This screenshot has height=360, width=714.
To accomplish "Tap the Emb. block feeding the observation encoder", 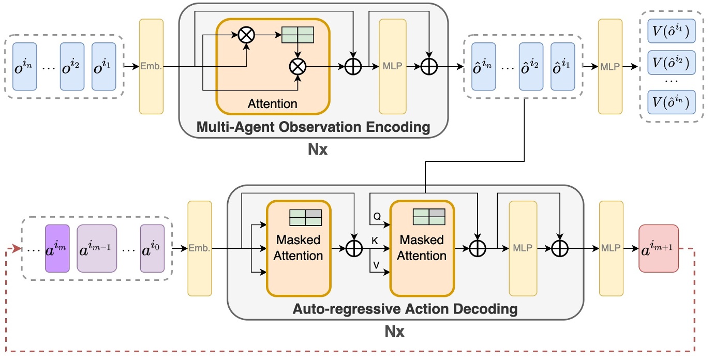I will click(x=151, y=66).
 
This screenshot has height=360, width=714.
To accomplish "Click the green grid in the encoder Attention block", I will click(x=297, y=35).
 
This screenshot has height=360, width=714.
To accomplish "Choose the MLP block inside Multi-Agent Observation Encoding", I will click(x=392, y=66).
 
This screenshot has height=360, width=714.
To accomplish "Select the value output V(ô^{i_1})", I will click(x=671, y=34).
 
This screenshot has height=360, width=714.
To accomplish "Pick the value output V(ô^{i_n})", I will click(x=671, y=102).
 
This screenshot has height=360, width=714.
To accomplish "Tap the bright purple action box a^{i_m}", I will click(x=57, y=249).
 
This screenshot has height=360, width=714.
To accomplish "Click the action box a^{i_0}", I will click(x=152, y=249).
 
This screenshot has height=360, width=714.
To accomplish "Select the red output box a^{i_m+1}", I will click(x=658, y=249).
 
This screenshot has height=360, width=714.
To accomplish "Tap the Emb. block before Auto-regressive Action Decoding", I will click(x=200, y=249).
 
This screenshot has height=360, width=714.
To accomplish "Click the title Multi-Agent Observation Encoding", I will click(x=313, y=127).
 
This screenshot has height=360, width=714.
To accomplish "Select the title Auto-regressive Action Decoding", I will click(x=405, y=309).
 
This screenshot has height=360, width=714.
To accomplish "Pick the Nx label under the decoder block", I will click(x=394, y=331).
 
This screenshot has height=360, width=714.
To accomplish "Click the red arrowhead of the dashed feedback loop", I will click(x=17, y=249).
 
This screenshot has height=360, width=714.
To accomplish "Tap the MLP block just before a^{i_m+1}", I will click(x=611, y=249).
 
